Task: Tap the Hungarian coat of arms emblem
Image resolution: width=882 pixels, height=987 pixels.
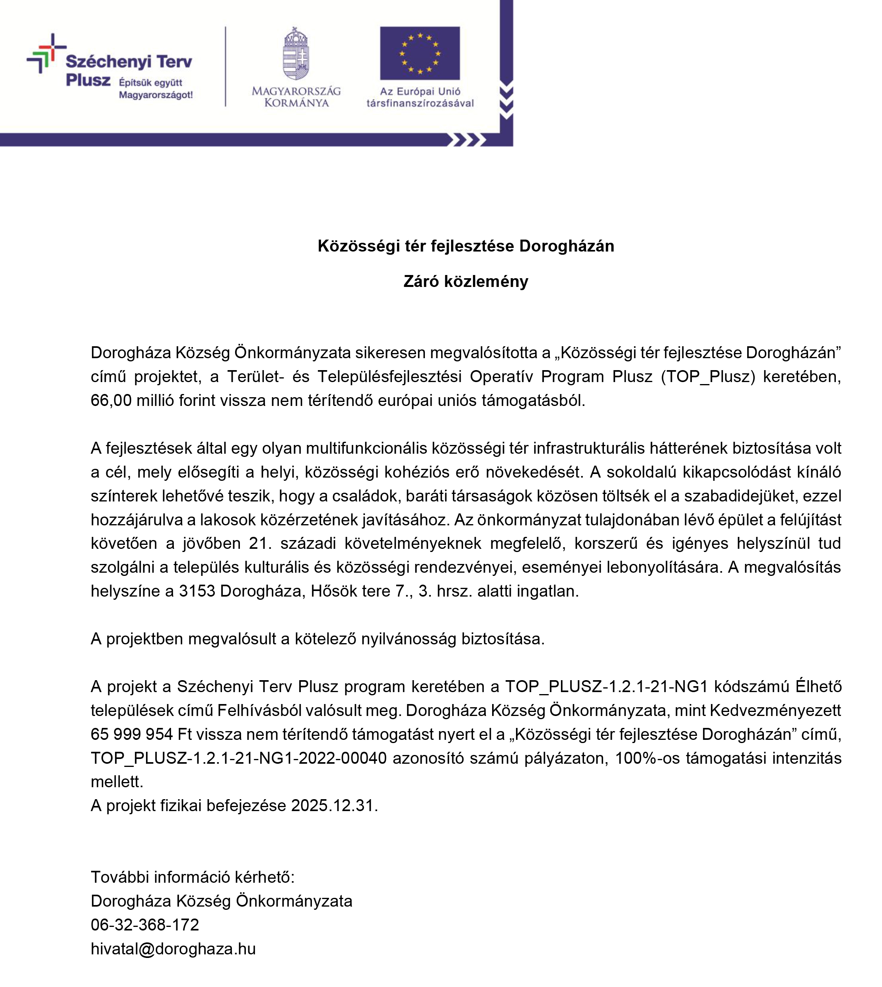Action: (296, 54)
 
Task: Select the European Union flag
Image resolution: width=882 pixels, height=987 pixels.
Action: (420, 53)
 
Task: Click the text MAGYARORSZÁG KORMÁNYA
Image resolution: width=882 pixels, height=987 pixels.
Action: (296, 96)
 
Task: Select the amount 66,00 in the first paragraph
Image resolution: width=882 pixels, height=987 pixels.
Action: (111, 400)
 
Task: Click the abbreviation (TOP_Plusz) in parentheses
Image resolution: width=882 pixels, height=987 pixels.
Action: (707, 376)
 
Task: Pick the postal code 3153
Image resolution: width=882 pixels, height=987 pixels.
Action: (197, 591)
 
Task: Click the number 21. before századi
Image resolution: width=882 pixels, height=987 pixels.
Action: (260, 543)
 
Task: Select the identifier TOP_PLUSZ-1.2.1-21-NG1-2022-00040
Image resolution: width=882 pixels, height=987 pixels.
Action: (238, 758)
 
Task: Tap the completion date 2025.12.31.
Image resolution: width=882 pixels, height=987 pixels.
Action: (334, 805)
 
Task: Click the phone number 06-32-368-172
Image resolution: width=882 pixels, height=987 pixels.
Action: (145, 925)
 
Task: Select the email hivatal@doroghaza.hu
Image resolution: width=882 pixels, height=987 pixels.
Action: (173, 948)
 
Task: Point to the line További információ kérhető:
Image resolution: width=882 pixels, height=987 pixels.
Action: (193, 877)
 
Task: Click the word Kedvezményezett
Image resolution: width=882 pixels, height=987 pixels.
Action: (775, 710)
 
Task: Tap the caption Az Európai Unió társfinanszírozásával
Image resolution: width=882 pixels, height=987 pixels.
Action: (420, 97)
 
